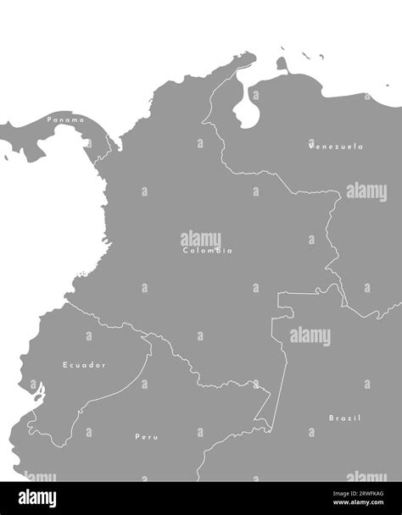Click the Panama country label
66,119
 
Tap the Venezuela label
336,147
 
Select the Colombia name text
207,251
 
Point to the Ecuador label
84,365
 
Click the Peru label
147,437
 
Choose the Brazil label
344,418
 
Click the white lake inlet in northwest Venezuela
247,108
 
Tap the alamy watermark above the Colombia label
201,239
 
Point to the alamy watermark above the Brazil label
310,335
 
